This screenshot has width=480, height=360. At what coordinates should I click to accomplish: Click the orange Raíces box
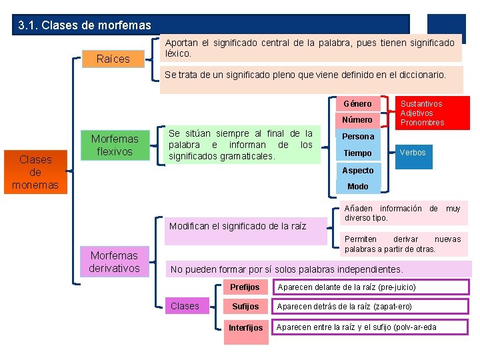point(113,59)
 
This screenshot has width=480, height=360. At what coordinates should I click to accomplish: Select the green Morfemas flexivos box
point(115,145)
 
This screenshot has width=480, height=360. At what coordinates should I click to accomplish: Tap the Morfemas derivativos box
point(115,261)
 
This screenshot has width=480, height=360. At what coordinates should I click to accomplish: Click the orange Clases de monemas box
point(35,172)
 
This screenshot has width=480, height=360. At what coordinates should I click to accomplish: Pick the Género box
point(357,104)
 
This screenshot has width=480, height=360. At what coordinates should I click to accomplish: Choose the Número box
point(357,120)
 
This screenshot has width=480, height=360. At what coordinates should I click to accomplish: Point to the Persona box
point(358,137)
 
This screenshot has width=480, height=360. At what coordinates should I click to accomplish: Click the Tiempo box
point(357,153)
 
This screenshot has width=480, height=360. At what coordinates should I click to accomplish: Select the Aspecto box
point(358,170)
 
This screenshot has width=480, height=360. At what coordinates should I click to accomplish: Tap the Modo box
point(358,187)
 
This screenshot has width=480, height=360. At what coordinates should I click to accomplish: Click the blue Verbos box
point(412,153)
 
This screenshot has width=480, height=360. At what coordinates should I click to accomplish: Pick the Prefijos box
point(245,287)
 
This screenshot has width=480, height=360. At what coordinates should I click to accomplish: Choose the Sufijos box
point(245,307)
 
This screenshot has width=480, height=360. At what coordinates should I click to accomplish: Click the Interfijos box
point(245,327)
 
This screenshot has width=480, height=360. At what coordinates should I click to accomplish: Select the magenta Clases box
point(185,306)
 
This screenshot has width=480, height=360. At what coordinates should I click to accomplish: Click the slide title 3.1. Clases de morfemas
point(85,26)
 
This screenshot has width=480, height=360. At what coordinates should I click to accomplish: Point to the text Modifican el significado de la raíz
point(238,226)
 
